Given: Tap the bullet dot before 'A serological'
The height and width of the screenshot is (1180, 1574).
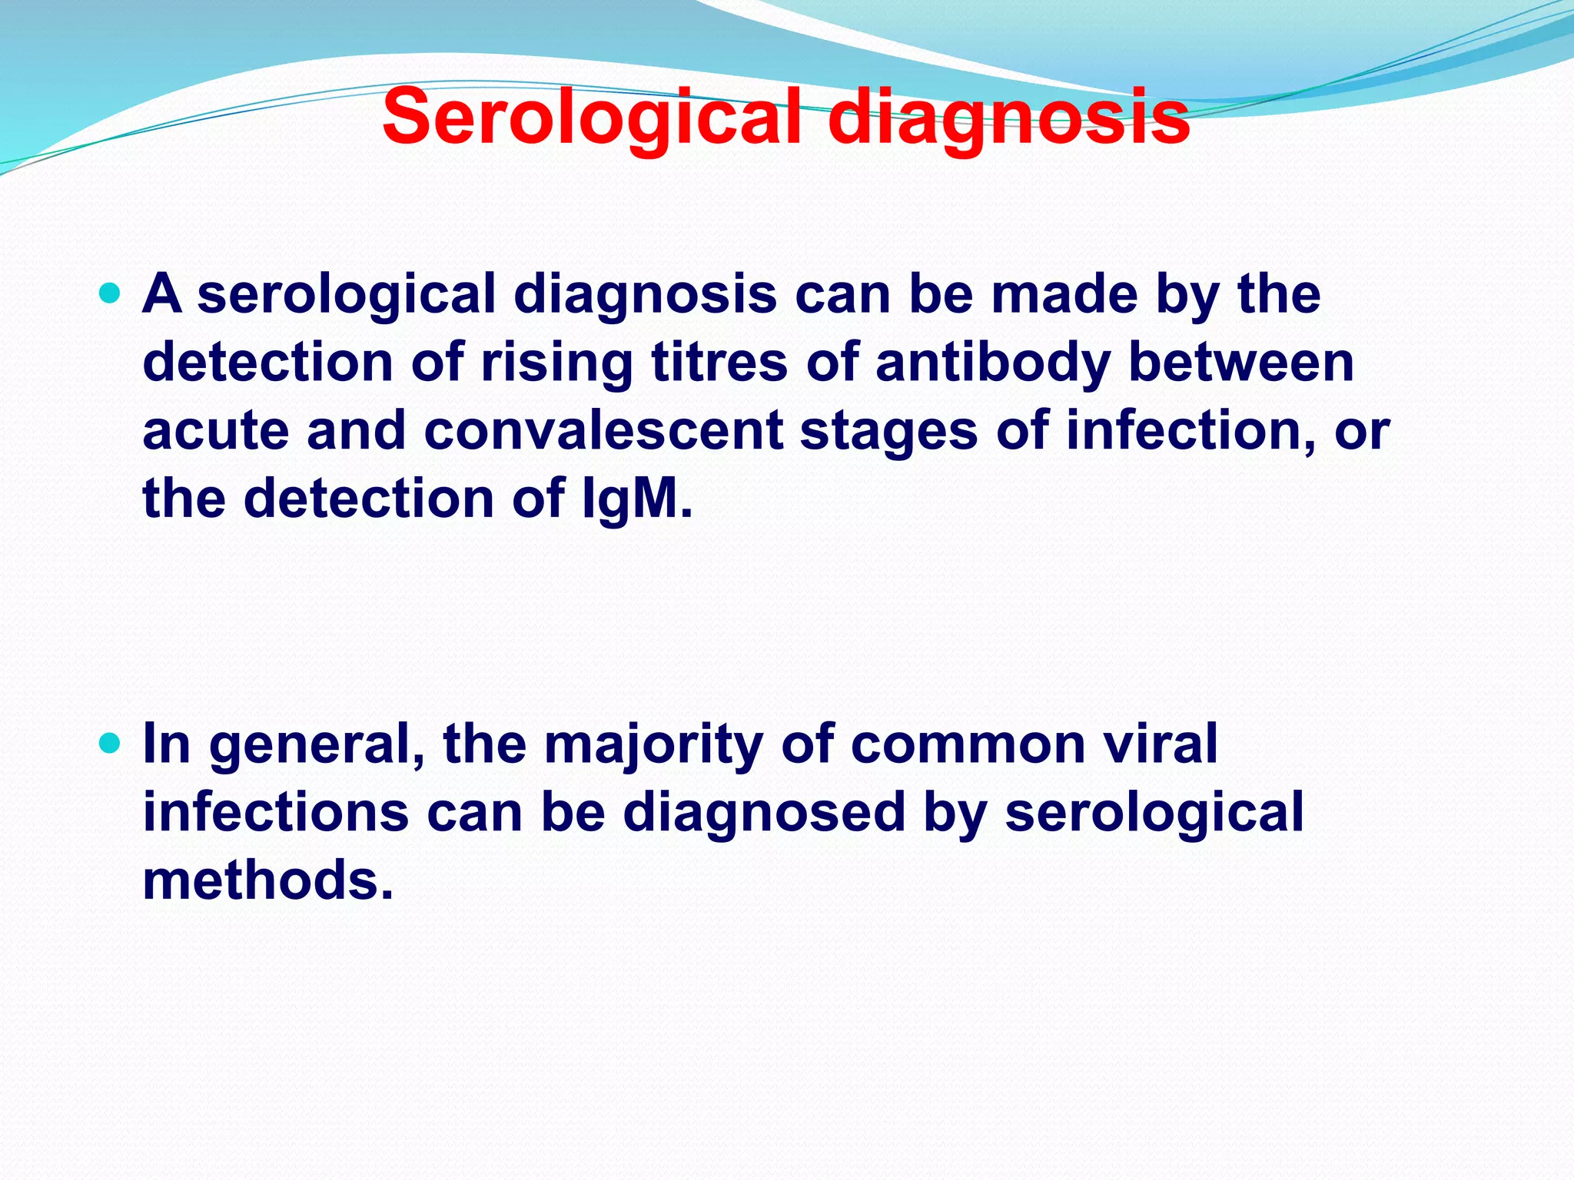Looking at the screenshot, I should click(111, 293).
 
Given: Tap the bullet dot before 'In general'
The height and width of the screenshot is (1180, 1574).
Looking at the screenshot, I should click(111, 743).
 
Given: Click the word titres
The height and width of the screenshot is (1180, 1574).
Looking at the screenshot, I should click(719, 362).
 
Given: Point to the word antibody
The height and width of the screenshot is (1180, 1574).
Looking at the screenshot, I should click(992, 362).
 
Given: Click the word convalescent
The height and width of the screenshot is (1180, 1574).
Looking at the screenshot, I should click(603, 430).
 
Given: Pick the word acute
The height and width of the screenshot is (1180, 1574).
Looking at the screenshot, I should click(216, 430).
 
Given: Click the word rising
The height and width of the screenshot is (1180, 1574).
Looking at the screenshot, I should click(557, 362).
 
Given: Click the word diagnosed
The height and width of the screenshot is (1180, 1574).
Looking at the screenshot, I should click(764, 812).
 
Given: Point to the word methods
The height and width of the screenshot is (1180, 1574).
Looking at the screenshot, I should click(267, 880).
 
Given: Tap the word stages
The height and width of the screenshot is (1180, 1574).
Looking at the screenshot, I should click(888, 430).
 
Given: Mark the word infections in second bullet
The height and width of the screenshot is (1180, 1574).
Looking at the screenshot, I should click(276, 812).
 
